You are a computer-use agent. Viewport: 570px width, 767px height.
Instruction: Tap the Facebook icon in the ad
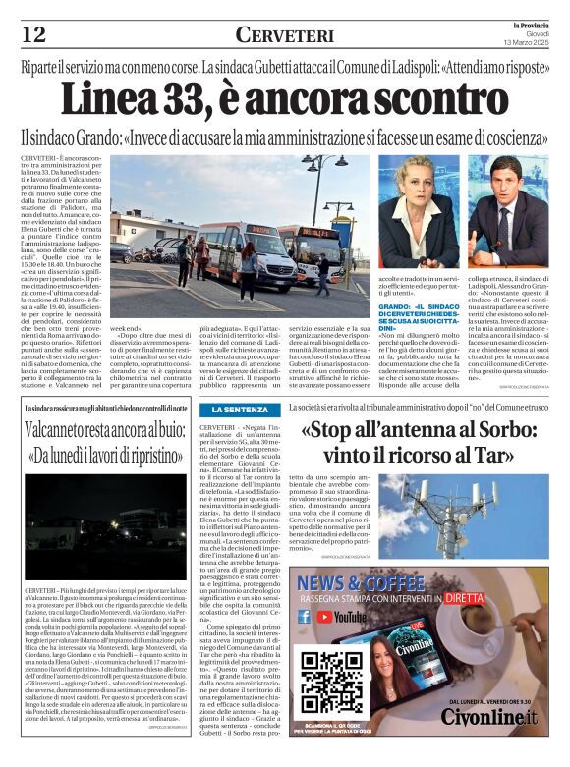coord(305,617)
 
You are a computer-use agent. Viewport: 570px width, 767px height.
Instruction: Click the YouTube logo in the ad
coord(340,617)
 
